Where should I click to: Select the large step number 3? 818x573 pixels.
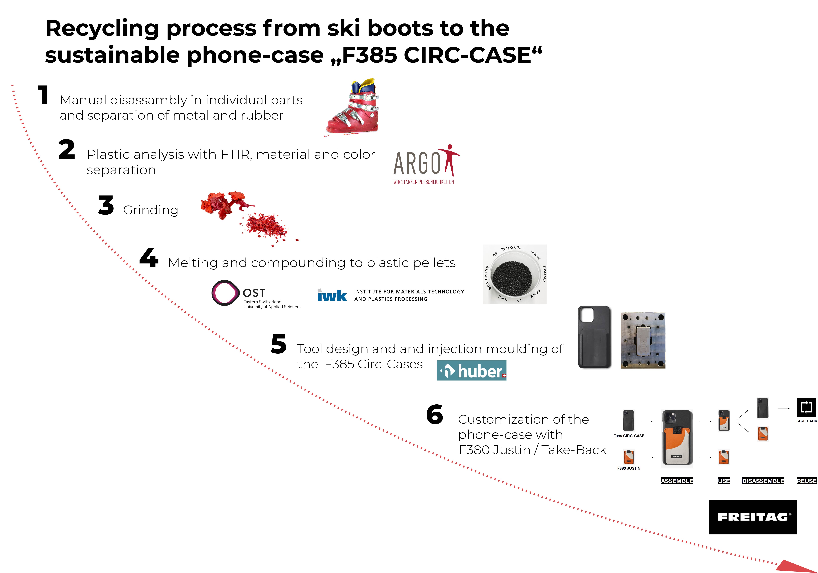coord(106,206)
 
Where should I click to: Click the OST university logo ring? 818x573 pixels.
coord(225,293)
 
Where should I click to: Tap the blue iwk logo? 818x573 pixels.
coord(332,295)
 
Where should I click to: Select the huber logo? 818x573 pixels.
coord(471,371)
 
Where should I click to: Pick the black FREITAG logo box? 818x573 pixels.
coord(752,517)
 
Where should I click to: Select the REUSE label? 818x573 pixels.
coord(806,481)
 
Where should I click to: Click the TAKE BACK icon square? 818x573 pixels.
coord(806,407)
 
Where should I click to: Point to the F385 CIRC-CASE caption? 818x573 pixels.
coord(629,436)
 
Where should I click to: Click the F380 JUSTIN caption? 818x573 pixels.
coord(629,468)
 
